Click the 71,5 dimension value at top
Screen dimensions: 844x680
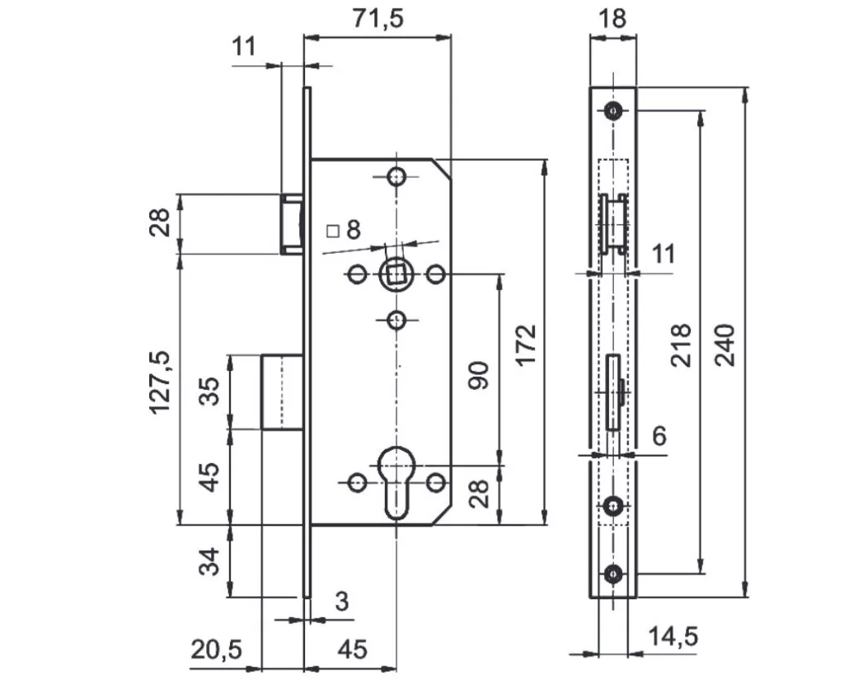pyautogui.click(x=377, y=18)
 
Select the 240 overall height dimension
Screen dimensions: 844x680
pyautogui.click(x=725, y=345)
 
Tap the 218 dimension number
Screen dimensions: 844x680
pyautogui.click(x=681, y=345)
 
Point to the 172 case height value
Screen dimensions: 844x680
pyautogui.click(x=526, y=345)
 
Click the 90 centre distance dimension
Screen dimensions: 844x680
pyautogui.click(x=479, y=375)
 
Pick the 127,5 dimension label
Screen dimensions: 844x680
pyautogui.click(x=160, y=382)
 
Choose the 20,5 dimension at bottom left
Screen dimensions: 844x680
pyautogui.click(x=217, y=650)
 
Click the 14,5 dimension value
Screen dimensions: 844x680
pyautogui.click(x=673, y=636)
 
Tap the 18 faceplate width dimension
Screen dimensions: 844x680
pyautogui.click(x=612, y=18)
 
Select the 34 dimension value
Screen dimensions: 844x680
pyautogui.click(x=209, y=561)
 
